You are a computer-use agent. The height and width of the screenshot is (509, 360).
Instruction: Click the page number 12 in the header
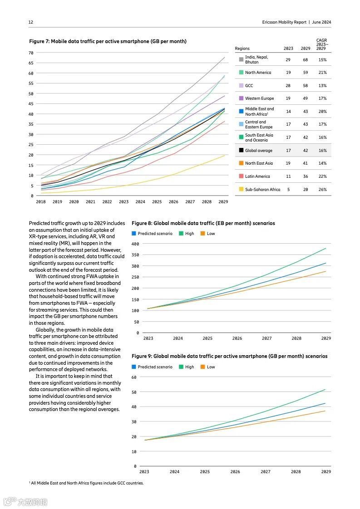(31, 22)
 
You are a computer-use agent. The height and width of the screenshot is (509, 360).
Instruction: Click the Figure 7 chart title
(108, 41)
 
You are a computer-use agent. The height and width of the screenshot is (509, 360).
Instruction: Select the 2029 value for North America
(306, 73)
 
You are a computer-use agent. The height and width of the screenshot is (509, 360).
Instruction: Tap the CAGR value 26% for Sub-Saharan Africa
(322, 190)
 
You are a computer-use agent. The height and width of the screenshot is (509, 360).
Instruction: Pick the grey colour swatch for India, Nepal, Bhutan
(241, 59)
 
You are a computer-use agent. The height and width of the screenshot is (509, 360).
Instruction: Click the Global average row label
(258, 150)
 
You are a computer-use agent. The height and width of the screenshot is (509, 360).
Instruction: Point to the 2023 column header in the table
(288, 49)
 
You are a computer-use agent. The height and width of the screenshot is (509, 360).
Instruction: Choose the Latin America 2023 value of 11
(288, 176)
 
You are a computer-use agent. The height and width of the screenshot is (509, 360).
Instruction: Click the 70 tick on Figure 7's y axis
(31, 53)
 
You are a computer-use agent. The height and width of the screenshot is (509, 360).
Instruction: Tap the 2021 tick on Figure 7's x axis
(90, 202)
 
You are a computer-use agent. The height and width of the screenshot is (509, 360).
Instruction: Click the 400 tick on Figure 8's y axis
(135, 244)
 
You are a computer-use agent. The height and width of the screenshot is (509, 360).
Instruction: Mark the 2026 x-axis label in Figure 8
(237, 338)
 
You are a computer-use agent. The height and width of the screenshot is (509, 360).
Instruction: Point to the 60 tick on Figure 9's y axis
(134, 377)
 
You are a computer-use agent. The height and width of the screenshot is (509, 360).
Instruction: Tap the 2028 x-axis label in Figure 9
(296, 472)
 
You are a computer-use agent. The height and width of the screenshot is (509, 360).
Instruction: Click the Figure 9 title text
(229, 356)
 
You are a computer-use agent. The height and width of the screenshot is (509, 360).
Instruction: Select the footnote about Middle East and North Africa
(86, 483)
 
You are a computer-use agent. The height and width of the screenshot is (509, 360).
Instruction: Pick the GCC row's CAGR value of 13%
(322, 86)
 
